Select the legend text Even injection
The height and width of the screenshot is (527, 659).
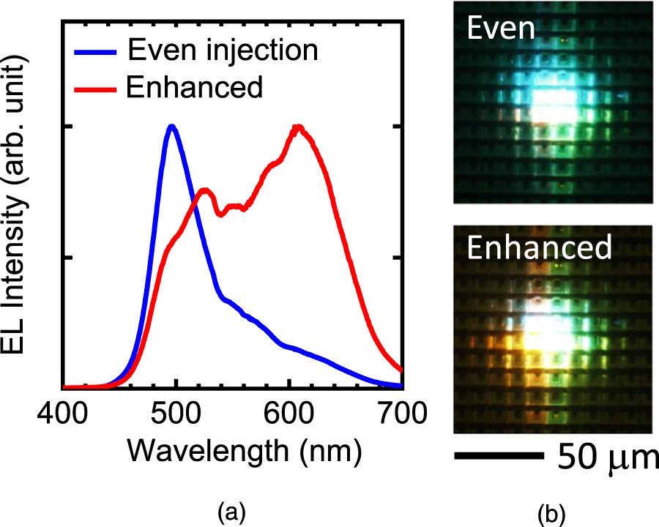point(223,51)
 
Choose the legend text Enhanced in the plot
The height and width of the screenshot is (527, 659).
point(194,87)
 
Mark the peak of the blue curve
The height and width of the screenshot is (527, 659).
point(172,127)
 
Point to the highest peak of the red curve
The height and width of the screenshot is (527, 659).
point(298,127)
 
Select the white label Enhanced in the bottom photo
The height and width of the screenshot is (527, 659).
point(540,248)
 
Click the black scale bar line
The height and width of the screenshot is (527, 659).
point(497,455)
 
